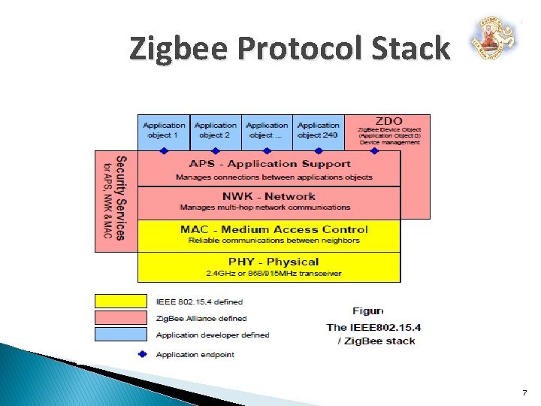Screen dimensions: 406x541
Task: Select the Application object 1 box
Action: pyautogui.click(x=164, y=131)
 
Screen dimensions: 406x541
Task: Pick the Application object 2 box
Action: pyautogui.click(x=215, y=131)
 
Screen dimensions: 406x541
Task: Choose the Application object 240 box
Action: pyautogui.click(x=319, y=131)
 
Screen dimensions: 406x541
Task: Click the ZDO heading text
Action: pyautogui.click(x=388, y=120)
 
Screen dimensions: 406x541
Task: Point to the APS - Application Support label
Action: pyautogui.click(x=269, y=164)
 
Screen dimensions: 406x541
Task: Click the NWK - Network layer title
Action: pyautogui.click(x=268, y=196)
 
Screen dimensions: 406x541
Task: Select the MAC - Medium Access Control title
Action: pyautogui.click(x=274, y=229)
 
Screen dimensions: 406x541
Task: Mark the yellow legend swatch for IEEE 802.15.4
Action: pyautogui.click(x=120, y=301)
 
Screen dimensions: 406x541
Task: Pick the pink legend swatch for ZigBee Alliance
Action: pyautogui.click(x=120, y=318)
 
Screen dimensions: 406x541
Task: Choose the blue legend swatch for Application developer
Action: pyautogui.click(x=120, y=335)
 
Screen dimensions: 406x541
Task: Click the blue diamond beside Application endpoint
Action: pyautogui.click(x=143, y=354)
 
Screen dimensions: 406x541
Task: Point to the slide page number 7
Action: pyautogui.click(x=524, y=392)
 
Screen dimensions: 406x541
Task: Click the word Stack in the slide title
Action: pyautogui.click(x=413, y=49)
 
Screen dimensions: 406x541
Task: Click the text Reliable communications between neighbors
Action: pyautogui.click(x=274, y=241)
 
